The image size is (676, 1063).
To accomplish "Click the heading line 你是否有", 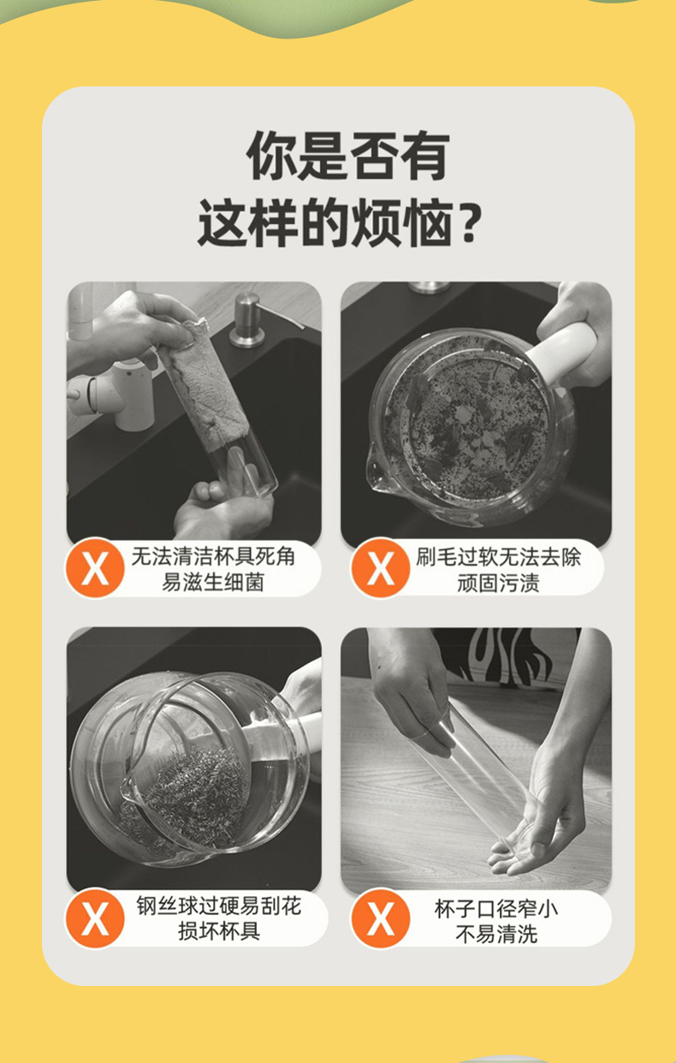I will click(347, 156).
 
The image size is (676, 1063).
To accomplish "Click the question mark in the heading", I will click(466, 224).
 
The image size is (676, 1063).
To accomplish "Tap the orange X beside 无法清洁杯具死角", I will click(95, 567).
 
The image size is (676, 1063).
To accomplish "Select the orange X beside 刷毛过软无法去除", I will click(380, 567).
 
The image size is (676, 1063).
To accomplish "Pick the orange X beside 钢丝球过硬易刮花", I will click(95, 919).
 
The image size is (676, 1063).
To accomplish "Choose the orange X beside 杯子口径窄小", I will click(380, 919).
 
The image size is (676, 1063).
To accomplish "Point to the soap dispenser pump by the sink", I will click(249, 320).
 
